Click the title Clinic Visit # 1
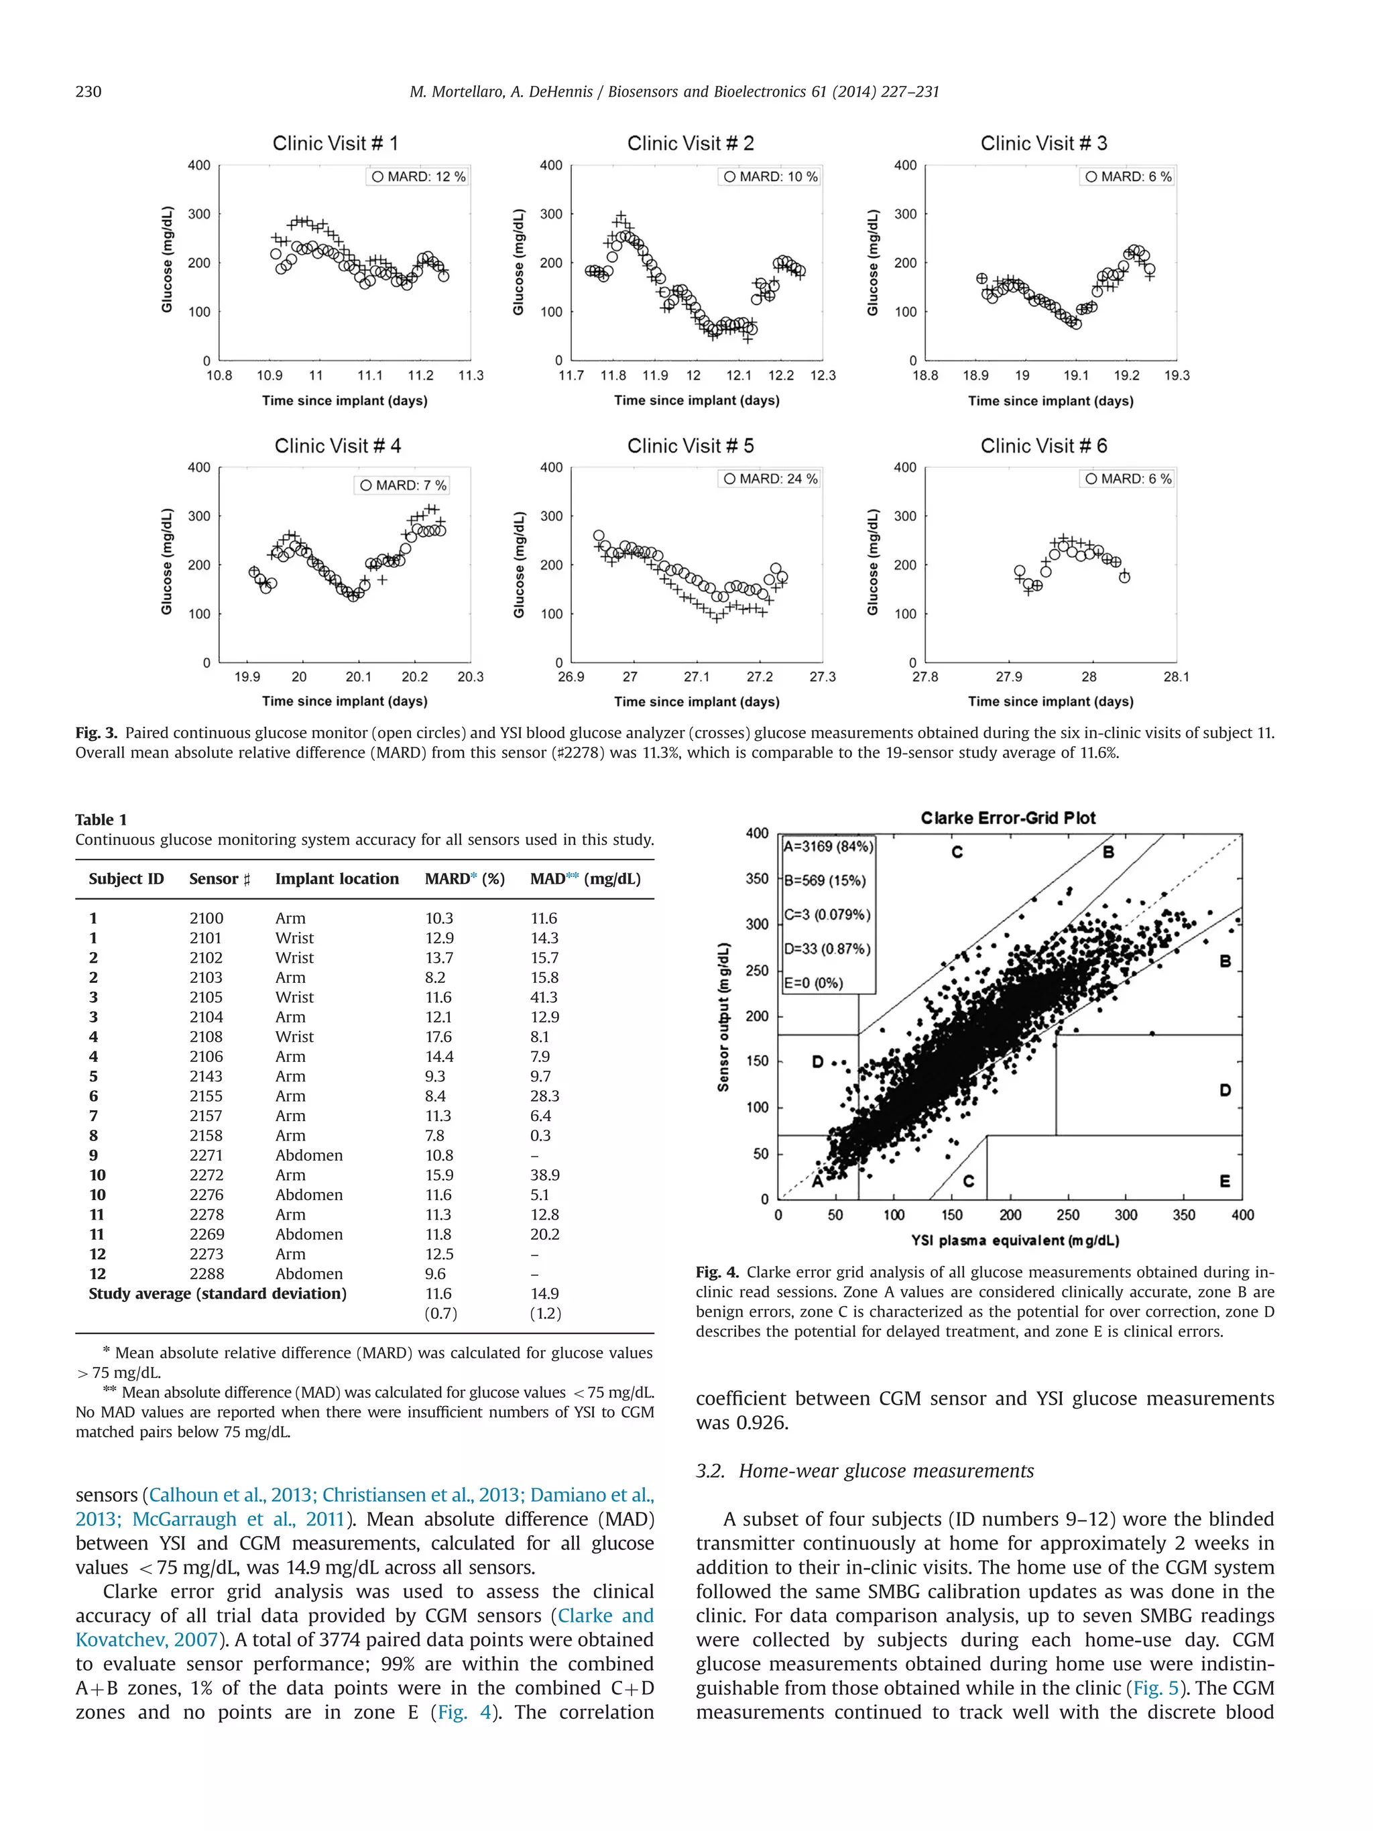pyautogui.click(x=335, y=143)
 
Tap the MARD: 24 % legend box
pyautogui.click(x=769, y=479)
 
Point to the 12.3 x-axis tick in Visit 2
pyautogui.click(x=822, y=375)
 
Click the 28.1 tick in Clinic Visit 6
pyautogui.click(x=1175, y=676)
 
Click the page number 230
pyautogui.click(x=88, y=91)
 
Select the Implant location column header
pyautogui.click(x=337, y=878)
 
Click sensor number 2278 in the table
pyautogui.click(x=206, y=1214)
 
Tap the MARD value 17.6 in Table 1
pyautogui.click(x=438, y=1037)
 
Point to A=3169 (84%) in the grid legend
pyautogui.click(x=827, y=846)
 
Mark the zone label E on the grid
pyautogui.click(x=1224, y=1181)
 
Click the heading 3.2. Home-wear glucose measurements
pyautogui.click(x=864, y=1470)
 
